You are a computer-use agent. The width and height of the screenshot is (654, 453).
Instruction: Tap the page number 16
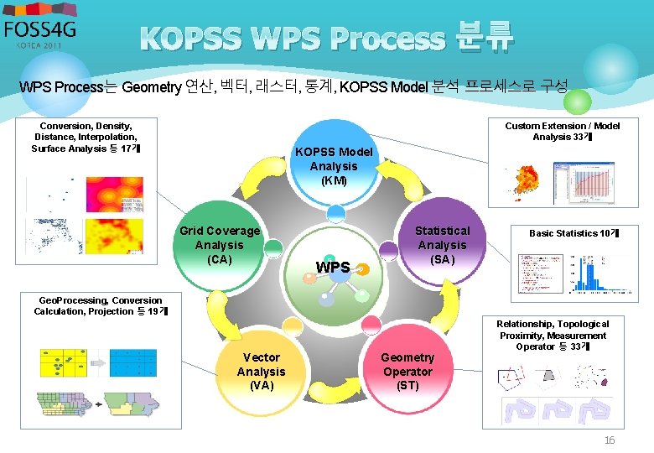pos(610,440)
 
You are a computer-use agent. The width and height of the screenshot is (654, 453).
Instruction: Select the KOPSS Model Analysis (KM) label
pos(333,166)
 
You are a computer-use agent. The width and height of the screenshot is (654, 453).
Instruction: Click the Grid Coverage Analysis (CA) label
pos(220,244)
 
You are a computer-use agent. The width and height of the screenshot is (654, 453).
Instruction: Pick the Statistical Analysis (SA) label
pos(442,244)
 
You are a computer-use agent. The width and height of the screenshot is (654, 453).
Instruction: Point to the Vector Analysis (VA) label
pos(261,372)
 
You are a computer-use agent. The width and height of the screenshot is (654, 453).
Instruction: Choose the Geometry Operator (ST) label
pos(407,372)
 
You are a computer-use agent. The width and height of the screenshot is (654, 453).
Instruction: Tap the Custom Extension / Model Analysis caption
pos(562,131)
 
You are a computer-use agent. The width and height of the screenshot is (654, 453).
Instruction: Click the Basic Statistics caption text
pos(574,233)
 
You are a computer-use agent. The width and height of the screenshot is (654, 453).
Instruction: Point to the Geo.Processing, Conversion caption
pos(101,305)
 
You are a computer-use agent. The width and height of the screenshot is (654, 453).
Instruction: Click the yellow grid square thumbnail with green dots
pos(63,363)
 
